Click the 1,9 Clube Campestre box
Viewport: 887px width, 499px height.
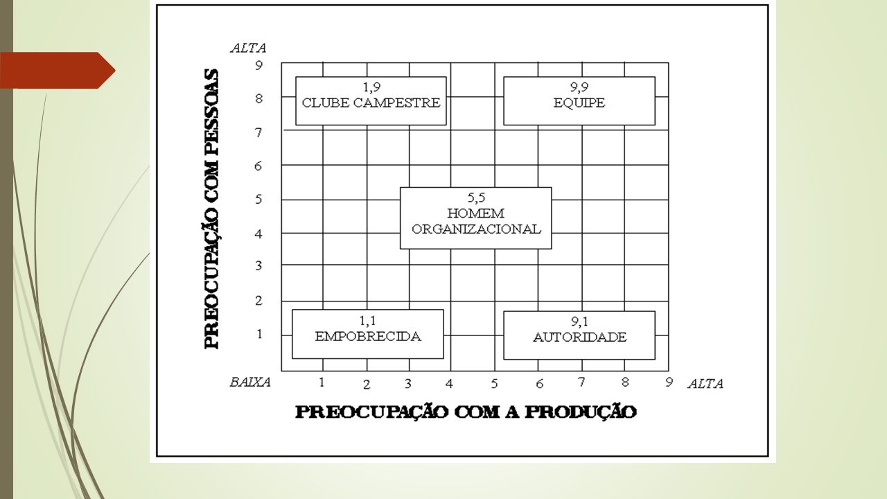[371, 101]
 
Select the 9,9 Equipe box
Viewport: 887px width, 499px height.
[579, 101]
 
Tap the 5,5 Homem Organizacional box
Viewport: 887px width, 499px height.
[475, 218]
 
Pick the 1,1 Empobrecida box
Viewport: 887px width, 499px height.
[368, 334]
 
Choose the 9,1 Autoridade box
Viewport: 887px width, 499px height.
[579, 335]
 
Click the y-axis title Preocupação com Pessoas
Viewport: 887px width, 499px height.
[212, 209]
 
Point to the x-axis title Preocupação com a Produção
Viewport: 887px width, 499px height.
[466, 412]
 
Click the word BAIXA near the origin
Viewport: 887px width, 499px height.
[250, 382]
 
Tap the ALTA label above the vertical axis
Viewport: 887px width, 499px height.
[248, 48]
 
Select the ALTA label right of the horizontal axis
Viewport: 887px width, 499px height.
[705, 384]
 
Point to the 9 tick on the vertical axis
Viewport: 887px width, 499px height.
[258, 65]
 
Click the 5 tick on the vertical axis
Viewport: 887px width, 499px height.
[258, 199]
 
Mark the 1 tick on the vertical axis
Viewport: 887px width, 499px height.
[259, 334]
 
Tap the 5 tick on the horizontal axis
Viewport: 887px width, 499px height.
[494, 384]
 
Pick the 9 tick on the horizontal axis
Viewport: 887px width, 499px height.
[669, 382]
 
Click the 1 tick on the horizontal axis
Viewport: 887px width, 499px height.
[322, 382]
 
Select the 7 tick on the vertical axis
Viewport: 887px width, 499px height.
[258, 132]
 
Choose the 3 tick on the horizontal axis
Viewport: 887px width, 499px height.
[408, 384]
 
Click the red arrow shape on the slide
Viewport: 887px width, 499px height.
[58, 70]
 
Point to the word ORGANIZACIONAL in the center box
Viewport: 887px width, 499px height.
[476, 229]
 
